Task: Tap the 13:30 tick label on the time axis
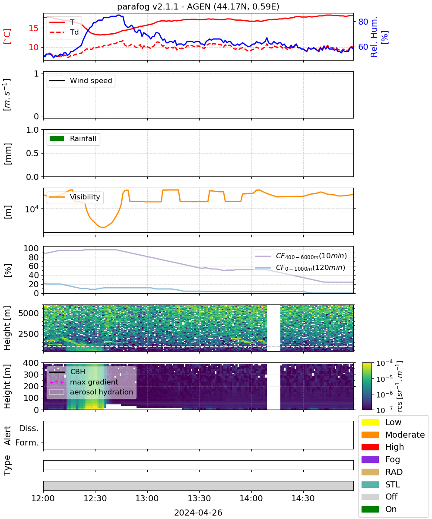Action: click(199, 498)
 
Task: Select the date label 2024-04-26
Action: click(198, 513)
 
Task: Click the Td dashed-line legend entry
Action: click(64, 32)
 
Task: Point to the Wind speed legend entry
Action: click(81, 80)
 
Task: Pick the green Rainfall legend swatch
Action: click(57, 138)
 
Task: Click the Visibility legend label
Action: click(85, 197)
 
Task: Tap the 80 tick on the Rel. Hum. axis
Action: click(363, 22)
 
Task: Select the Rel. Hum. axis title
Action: click(379, 37)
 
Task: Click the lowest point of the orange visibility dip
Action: click(102, 227)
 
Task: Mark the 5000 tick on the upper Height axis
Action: click(29, 313)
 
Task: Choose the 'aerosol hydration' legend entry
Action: click(91, 392)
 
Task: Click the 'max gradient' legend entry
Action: click(84, 382)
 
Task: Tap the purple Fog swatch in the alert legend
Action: click(370, 459)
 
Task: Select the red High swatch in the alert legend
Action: click(370, 447)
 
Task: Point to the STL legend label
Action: click(393, 484)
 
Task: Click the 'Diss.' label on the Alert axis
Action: click(29, 428)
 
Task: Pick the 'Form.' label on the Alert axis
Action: click(27, 442)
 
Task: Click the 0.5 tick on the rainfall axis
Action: click(32, 153)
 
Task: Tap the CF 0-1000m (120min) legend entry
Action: click(300, 268)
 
